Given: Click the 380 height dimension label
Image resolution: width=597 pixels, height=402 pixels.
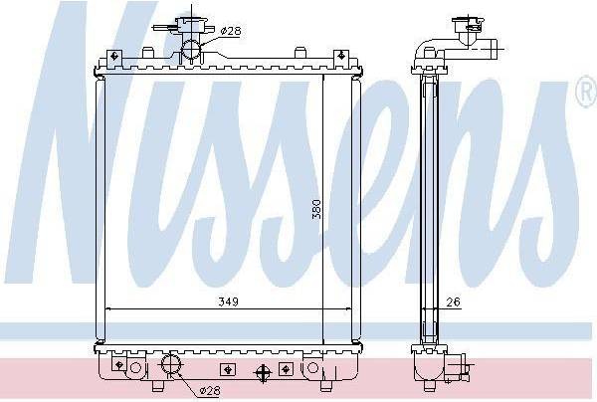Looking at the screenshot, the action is (316, 209).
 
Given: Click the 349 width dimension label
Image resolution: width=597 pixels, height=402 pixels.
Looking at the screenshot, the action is (229, 301).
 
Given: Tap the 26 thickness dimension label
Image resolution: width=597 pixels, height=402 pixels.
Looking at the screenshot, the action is (453, 302).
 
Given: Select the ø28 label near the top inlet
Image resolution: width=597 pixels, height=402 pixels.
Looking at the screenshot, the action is (231, 31).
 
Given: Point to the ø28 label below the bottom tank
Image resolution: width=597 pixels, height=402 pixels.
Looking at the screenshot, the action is (210, 391).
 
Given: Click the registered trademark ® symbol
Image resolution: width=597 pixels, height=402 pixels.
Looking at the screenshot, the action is (587, 92).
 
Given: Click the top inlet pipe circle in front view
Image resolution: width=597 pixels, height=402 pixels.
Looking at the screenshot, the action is (191, 51).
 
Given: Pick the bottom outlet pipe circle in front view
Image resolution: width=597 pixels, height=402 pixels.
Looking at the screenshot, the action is (172, 363).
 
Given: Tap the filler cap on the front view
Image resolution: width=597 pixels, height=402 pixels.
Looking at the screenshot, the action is (190, 25).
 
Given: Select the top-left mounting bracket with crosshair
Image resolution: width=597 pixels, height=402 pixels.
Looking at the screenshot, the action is (113, 58).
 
